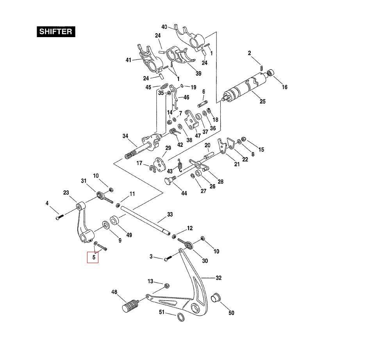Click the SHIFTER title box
point(56,32)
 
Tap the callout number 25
point(262,102)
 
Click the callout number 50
point(231,313)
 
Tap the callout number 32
point(219,278)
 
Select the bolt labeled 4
point(58,217)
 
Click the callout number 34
point(125,136)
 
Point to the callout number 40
point(164,27)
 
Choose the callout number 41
point(129,60)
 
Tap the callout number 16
point(285,87)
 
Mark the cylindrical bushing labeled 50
point(216,297)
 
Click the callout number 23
point(66,192)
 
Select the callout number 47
point(198,136)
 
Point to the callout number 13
point(150,281)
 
